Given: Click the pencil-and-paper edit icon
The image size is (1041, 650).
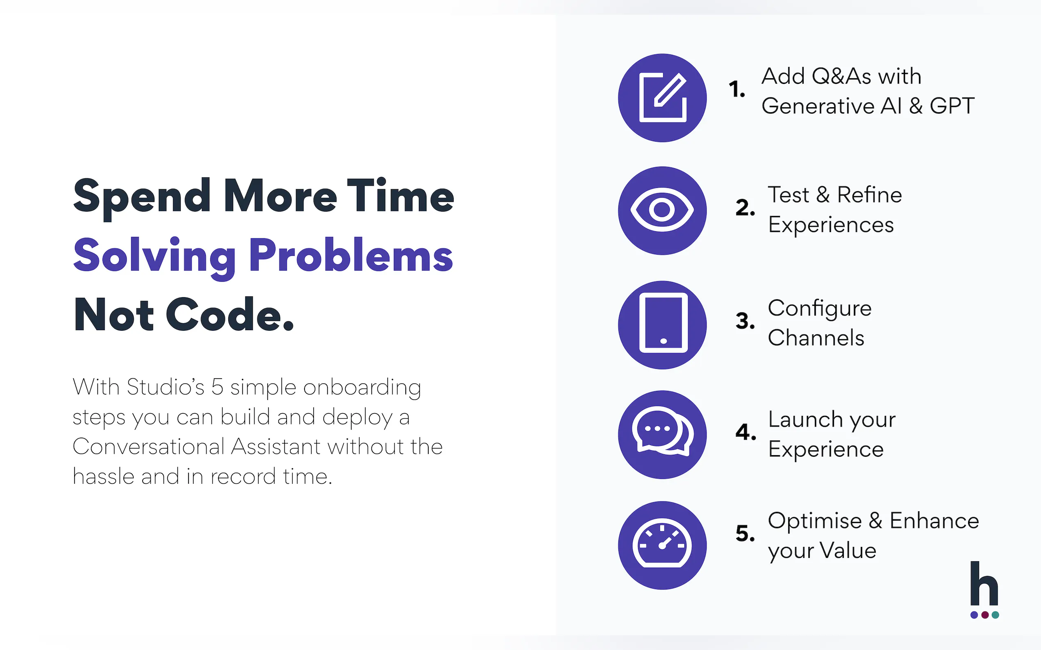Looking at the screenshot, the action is tap(662, 97).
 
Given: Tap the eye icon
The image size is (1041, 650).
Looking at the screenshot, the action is tap(662, 210).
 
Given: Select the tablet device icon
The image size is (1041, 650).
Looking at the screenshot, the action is tap(663, 323).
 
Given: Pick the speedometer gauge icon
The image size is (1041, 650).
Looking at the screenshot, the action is tap(662, 544).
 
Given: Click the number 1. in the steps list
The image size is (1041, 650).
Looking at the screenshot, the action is tap(737, 89).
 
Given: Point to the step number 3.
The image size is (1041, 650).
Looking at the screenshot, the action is tap(745, 320).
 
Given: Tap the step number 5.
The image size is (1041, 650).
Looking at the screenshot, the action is tap(745, 533).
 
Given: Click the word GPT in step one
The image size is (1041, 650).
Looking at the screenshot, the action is tap(952, 106).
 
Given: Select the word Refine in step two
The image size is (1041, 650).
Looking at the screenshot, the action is tap(869, 195).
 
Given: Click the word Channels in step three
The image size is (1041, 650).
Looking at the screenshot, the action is tap(816, 337).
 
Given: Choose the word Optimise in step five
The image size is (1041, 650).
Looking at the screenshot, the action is tap(815, 521).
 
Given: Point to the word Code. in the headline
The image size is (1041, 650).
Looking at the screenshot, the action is tap(230, 314).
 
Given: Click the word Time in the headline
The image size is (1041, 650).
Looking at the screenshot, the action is tap(400, 196).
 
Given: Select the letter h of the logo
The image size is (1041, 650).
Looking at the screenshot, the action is tap(984, 583).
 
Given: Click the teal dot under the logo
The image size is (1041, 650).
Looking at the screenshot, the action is tap(995, 615).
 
